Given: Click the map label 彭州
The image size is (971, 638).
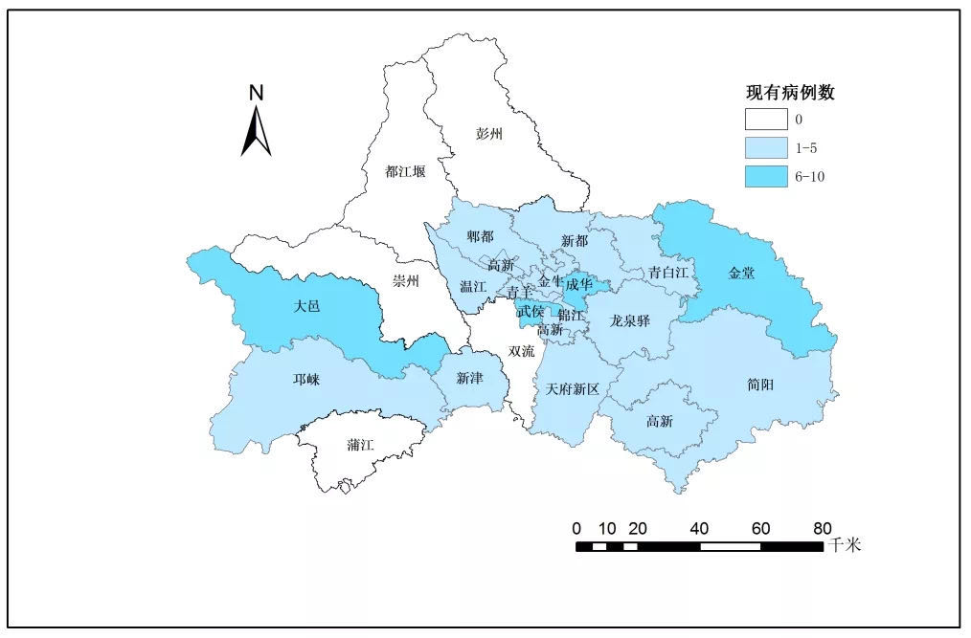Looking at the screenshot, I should (x=488, y=135).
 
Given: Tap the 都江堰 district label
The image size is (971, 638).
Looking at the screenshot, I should (x=405, y=172).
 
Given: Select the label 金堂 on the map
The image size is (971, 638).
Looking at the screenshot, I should (x=741, y=274).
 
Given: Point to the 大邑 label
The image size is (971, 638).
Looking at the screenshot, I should (x=306, y=307).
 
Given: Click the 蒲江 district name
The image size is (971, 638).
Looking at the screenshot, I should (x=361, y=446).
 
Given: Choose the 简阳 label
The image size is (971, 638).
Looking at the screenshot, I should (x=760, y=385).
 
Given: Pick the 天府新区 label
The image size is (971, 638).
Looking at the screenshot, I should (x=572, y=389).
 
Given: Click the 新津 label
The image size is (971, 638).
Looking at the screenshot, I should (x=469, y=379).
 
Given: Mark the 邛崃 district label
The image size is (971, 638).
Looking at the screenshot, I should (x=306, y=380).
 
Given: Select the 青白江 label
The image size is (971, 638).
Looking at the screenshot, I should (x=668, y=273).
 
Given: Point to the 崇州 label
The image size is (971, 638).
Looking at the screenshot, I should (x=406, y=281).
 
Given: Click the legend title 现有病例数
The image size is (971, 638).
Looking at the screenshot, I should (x=791, y=93).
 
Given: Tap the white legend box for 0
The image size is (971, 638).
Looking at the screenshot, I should (x=765, y=121).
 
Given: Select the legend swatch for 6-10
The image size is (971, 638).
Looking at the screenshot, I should (x=765, y=177).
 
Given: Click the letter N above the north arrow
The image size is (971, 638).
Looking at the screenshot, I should (x=256, y=93).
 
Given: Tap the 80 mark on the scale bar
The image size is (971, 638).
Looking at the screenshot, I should (x=822, y=528).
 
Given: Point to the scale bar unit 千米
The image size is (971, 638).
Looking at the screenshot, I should (x=846, y=546).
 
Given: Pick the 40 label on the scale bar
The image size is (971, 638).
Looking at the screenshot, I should (x=699, y=528).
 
